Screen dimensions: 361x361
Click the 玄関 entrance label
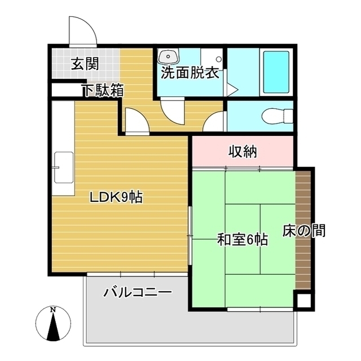pyautogui.click(x=85, y=63)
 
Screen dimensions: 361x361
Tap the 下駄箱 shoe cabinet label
pyautogui.click(x=102, y=90)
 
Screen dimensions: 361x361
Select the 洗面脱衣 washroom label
pyautogui.click(x=190, y=73)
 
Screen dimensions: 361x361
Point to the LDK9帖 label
pyautogui.click(x=117, y=197)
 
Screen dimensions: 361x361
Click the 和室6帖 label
pyautogui.click(x=243, y=240)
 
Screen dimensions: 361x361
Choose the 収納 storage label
pyautogui.click(x=243, y=151)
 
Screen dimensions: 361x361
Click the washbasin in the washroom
pyautogui.click(x=168, y=57)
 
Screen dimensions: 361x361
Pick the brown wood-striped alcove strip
pyautogui.click(x=303, y=226)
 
